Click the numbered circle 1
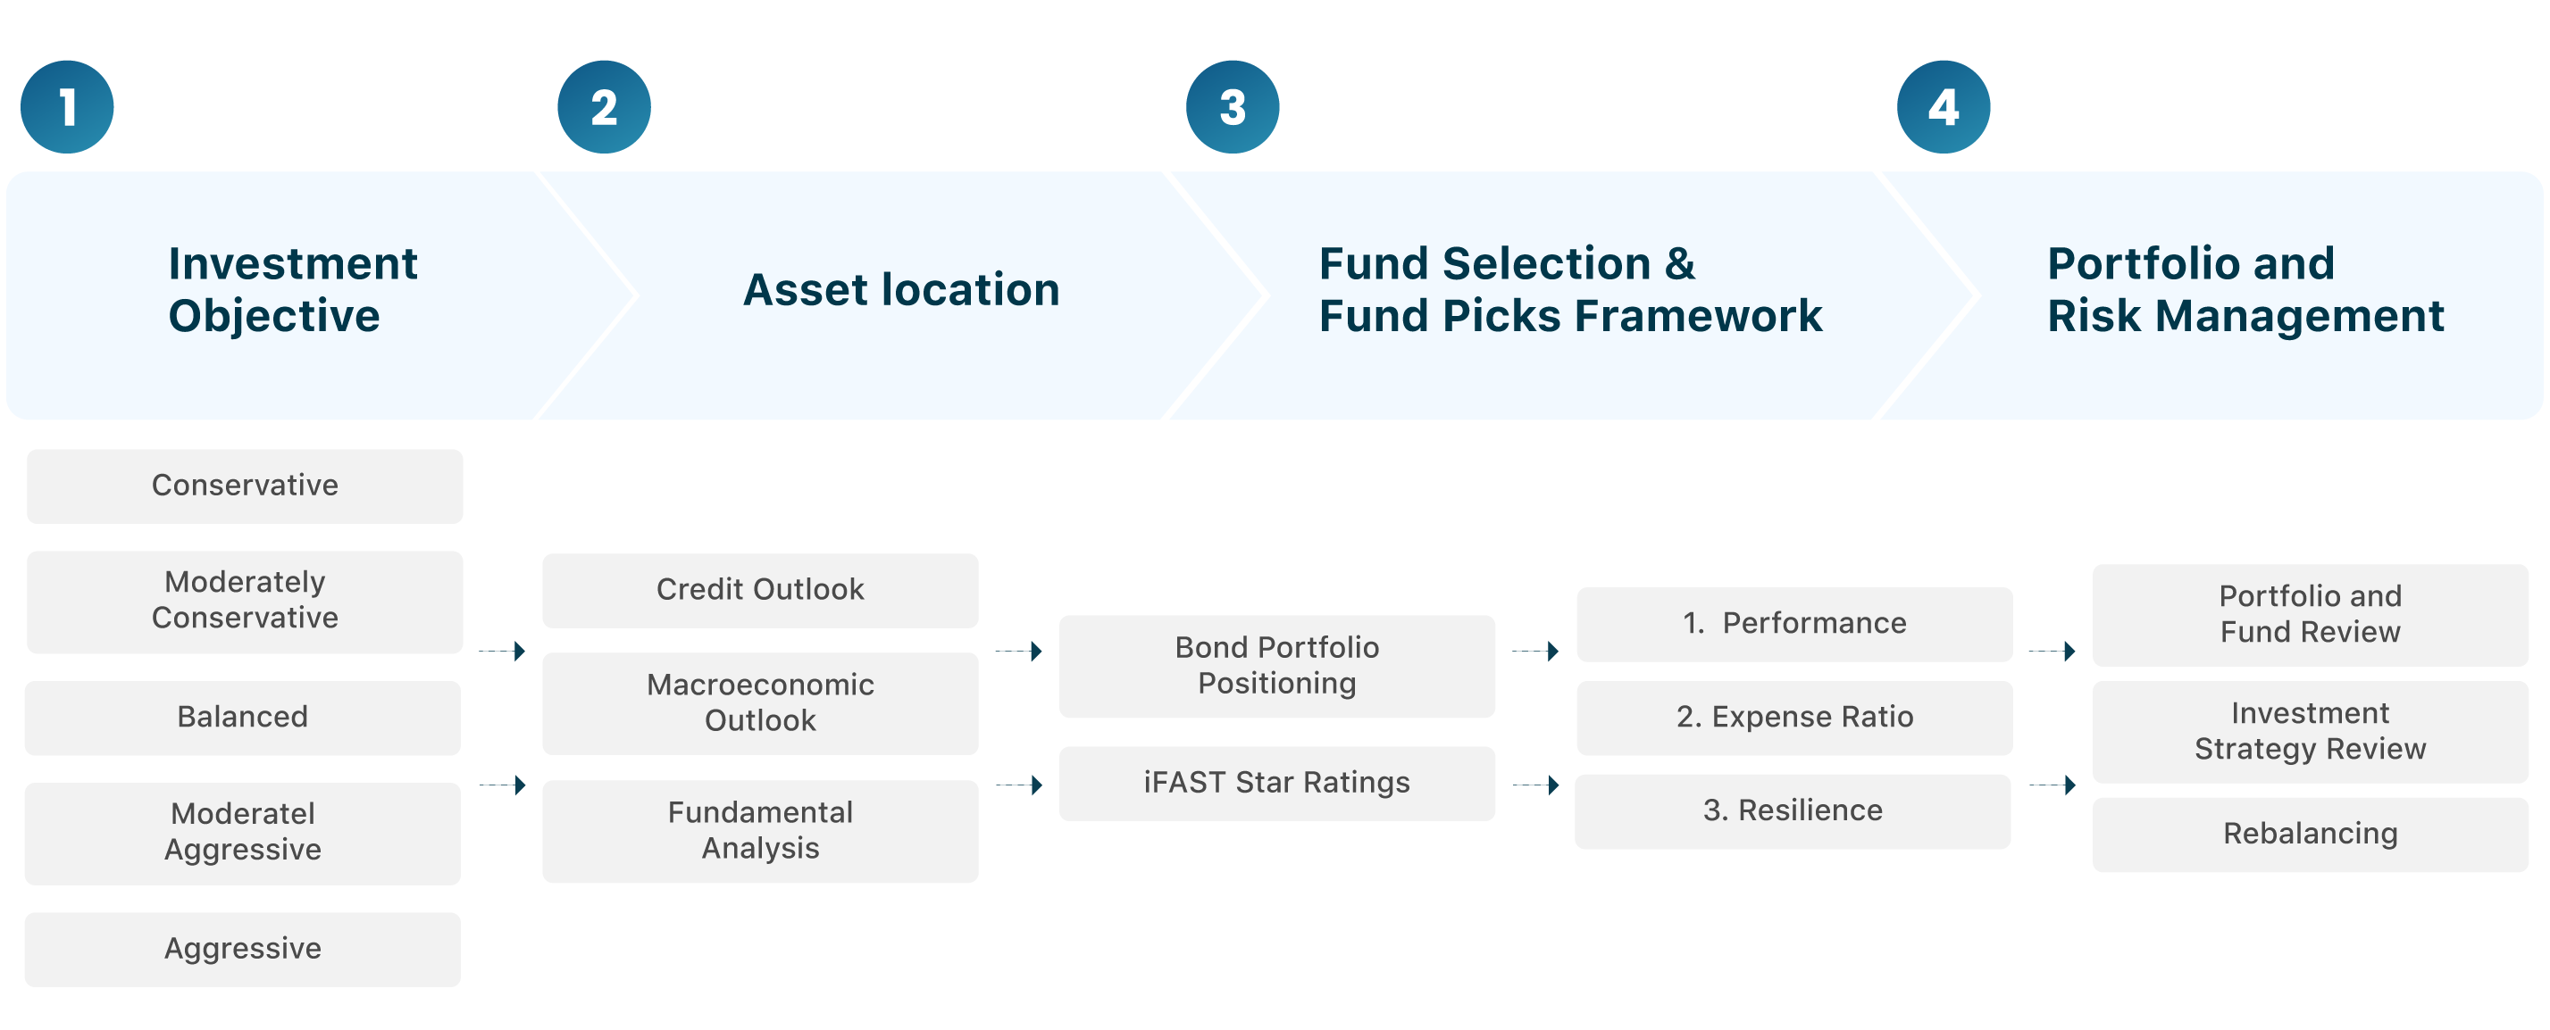coord(67,107)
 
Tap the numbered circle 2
coord(604,107)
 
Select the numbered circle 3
coord(1233,107)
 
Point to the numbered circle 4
coord(1944,107)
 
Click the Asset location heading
coord(902,290)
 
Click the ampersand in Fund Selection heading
coord(1680,263)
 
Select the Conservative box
coord(245,486)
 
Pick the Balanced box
coord(243,718)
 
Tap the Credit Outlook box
coord(760,590)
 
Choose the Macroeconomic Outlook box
coord(760,702)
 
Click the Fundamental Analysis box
coord(760,830)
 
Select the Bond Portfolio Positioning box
coord(1277,666)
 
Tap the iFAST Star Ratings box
coord(1277,783)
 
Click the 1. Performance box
coord(1794,623)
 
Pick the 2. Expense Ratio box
coord(1794,718)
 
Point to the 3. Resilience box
coord(1793,810)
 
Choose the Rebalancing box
coord(2311,835)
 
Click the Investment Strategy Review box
coord(2311,731)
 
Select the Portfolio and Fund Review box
coord(2311,614)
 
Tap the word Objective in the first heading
coord(274,317)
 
